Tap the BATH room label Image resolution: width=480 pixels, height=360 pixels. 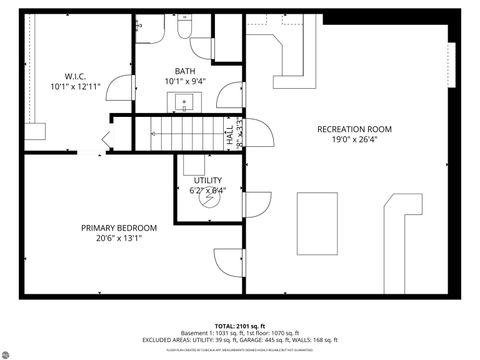point(185,70)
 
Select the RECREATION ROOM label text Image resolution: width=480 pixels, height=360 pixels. point(354,129)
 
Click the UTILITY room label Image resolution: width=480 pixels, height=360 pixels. point(208,180)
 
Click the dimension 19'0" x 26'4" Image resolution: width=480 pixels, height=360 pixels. point(354,140)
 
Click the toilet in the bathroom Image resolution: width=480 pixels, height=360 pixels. point(187,27)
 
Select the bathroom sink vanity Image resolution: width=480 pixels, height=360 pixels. point(186,101)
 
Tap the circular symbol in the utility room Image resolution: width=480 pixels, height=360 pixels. point(209,198)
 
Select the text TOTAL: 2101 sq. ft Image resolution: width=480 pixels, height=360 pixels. point(240,326)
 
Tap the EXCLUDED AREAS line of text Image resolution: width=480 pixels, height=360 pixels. point(240,341)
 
